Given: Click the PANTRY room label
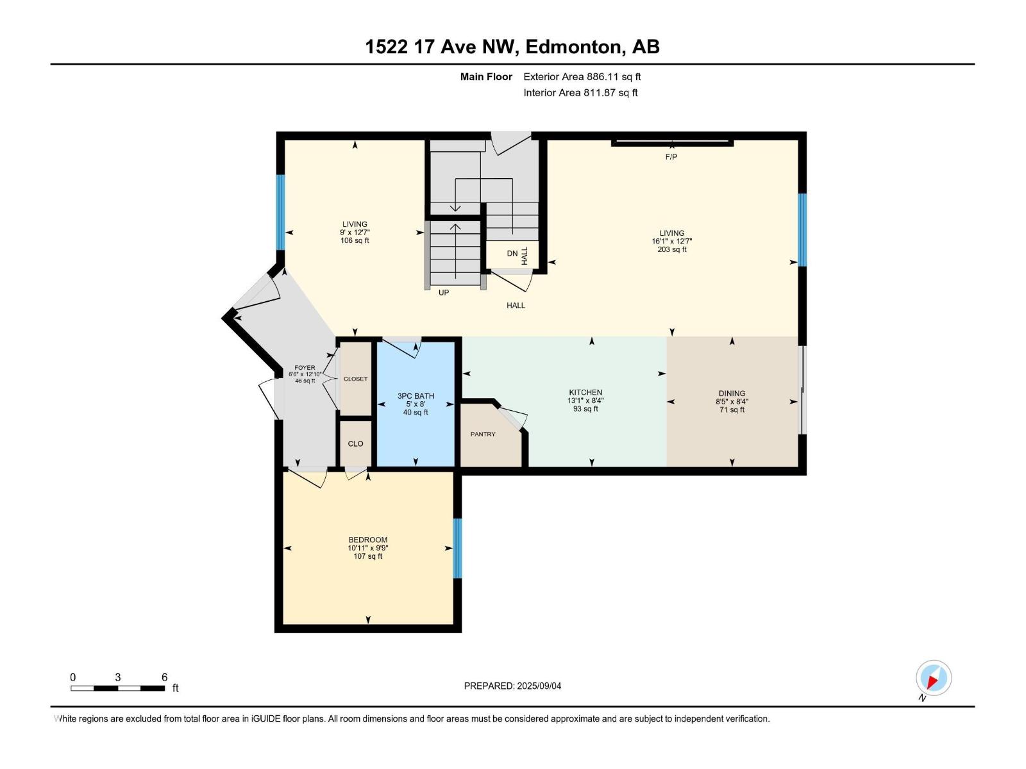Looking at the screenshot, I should (483, 434).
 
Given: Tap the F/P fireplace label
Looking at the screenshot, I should (671, 157).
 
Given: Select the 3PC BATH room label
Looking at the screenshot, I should (416, 396).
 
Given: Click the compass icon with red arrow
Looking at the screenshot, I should (933, 678).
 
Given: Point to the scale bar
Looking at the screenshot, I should (117, 688).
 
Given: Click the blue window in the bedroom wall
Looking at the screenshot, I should (457, 548).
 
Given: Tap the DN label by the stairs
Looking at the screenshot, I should (512, 254).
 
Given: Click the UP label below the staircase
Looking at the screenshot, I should (444, 293).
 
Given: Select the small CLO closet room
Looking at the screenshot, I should (355, 443).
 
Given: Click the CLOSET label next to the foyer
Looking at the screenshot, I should (355, 379).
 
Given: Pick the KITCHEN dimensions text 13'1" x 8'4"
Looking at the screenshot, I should (585, 401).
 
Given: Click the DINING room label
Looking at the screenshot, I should (732, 393).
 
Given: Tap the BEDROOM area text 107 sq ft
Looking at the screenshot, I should (368, 556).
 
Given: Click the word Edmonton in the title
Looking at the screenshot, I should (574, 47).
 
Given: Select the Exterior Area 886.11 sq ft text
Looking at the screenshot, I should (582, 77).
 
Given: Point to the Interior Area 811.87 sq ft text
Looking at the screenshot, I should (580, 93).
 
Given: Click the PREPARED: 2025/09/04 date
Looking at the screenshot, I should (512, 686).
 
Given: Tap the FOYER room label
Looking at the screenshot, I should (305, 368).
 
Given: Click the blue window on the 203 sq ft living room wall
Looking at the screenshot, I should (802, 229).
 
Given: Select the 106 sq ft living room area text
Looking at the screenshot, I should (355, 241).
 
